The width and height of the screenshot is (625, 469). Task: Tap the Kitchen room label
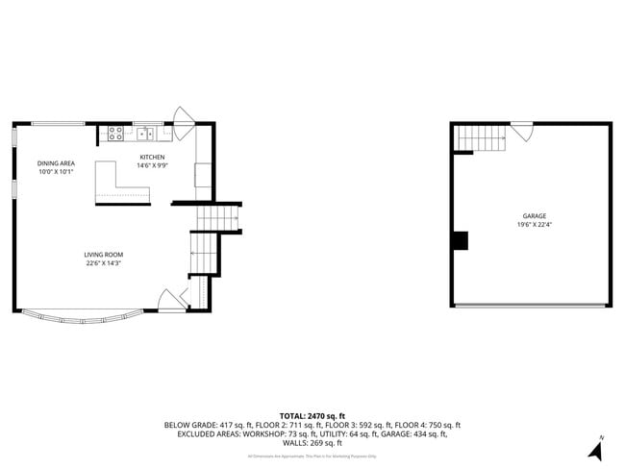pyautogui.click(x=152, y=157)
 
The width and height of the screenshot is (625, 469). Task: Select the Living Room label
pyautogui.click(x=102, y=255)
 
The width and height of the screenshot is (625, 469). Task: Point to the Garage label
pyautogui.click(x=534, y=216)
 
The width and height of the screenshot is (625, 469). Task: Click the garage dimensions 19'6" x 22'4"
pyautogui.click(x=534, y=225)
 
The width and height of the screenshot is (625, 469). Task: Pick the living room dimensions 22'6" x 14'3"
pyautogui.click(x=102, y=263)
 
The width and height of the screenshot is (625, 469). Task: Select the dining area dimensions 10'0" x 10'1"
pyautogui.click(x=56, y=172)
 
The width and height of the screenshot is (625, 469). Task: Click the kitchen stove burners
pyautogui.click(x=115, y=134)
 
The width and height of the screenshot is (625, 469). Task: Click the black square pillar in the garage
pyautogui.click(x=461, y=240)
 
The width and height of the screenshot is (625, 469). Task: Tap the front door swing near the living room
pyautogui.click(x=167, y=300)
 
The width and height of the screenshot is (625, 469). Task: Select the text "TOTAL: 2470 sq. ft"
pyautogui.click(x=312, y=416)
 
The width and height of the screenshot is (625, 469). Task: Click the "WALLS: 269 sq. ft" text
pyautogui.click(x=312, y=443)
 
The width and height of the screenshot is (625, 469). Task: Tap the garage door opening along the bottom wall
pyautogui.click(x=530, y=306)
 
